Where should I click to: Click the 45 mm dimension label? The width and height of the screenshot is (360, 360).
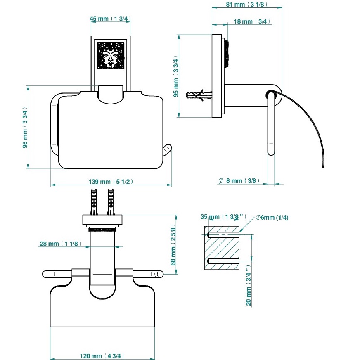click(x=110, y=19)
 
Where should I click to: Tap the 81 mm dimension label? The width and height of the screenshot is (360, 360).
click(x=246, y=5)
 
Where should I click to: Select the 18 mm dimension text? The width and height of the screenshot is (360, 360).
click(x=252, y=21)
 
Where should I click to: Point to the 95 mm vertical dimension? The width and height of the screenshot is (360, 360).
click(x=175, y=76)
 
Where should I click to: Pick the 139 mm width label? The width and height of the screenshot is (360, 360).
click(x=111, y=182)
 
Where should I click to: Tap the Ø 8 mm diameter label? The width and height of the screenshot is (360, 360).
click(x=239, y=181)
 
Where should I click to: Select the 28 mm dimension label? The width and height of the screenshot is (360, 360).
click(x=60, y=244)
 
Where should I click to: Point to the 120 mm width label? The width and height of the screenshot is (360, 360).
click(x=102, y=356)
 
